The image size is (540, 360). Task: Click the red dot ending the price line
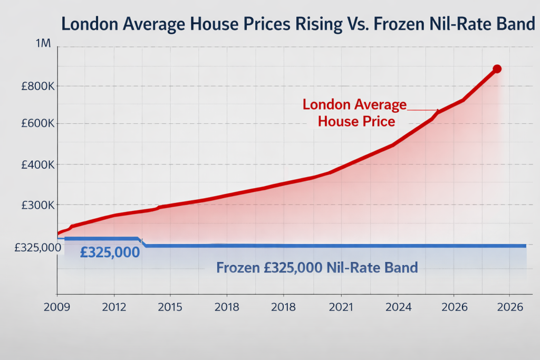(497, 69)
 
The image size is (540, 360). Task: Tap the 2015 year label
(170, 306)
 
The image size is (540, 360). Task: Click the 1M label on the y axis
(43, 44)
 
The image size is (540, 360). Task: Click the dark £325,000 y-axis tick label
(31, 247)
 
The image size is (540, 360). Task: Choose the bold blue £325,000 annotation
(110, 252)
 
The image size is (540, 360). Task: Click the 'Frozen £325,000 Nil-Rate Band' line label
(317, 267)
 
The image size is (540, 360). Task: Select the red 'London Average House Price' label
(355, 113)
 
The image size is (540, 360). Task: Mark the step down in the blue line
(141, 242)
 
